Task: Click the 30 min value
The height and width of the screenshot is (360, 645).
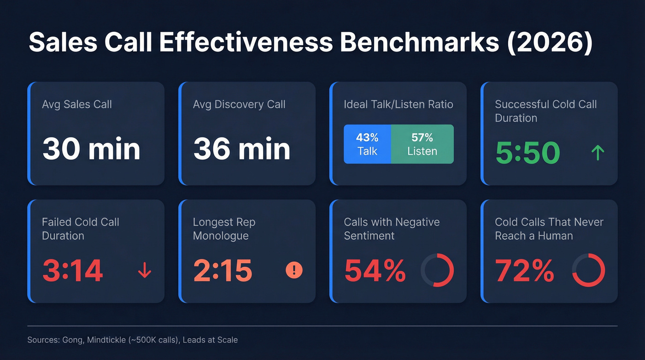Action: click(91, 149)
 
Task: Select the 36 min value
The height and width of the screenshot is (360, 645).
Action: click(242, 149)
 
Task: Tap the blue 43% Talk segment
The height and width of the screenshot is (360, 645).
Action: click(367, 144)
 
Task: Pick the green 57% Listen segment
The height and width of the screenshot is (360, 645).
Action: click(422, 144)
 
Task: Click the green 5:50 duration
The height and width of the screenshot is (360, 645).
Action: click(528, 153)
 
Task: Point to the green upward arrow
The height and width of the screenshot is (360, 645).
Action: click(598, 153)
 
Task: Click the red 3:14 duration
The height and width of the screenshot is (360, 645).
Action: click(72, 271)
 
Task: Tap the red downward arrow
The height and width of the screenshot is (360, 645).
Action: click(145, 271)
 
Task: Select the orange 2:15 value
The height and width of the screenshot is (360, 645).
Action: click(223, 271)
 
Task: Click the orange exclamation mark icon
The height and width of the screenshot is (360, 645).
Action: click(294, 270)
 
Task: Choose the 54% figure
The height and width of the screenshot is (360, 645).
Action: click(375, 271)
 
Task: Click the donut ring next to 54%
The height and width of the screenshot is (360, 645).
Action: click(438, 270)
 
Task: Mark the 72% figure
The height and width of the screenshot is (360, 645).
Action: click(525, 271)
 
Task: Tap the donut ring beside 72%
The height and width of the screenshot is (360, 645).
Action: click(588, 270)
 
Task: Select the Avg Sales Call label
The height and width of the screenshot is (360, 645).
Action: click(77, 104)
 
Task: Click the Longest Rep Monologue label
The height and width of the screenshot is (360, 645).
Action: click(224, 229)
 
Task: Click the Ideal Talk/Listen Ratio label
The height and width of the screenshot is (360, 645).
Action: click(399, 104)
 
